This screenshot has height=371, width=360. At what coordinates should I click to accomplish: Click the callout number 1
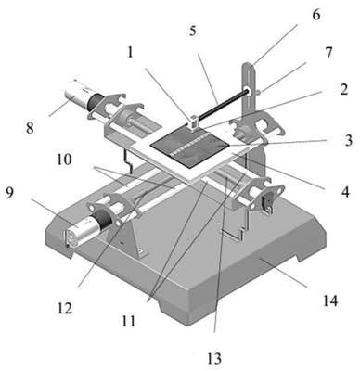click(130, 52)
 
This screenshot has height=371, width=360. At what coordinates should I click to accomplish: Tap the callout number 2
click(343, 89)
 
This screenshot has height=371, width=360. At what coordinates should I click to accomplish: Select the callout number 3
click(348, 140)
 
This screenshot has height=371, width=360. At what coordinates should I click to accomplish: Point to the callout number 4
click(345, 192)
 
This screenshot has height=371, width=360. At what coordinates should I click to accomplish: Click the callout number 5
click(193, 31)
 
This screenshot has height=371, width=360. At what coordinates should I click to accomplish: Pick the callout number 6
click(316, 15)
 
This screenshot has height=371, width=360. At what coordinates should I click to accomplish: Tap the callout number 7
click(328, 53)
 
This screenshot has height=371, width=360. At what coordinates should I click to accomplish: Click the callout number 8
click(30, 128)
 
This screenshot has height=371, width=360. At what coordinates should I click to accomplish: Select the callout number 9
click(10, 193)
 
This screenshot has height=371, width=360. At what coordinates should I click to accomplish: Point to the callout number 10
click(64, 160)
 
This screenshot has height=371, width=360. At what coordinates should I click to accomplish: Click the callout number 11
click(129, 321)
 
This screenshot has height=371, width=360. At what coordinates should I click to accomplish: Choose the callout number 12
click(65, 308)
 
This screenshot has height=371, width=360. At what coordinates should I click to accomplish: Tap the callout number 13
click(214, 359)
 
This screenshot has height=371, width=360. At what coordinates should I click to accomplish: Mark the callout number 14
click(330, 301)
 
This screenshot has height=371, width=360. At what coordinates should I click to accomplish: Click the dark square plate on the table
click(189, 147)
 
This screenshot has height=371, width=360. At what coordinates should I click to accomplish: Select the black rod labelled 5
click(222, 104)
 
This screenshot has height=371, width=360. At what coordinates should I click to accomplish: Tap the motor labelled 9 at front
click(85, 228)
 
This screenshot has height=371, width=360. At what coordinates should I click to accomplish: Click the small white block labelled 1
click(193, 123)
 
